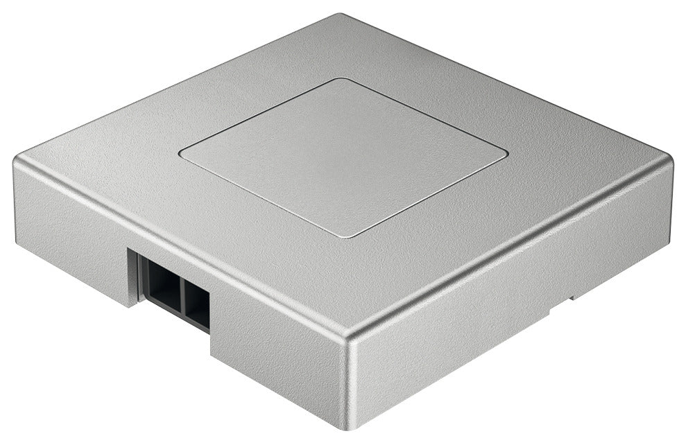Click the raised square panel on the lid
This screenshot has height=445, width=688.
(x=343, y=156)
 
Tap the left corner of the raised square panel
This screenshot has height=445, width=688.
(x=182, y=151)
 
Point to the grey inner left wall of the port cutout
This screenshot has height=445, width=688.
(x=135, y=274)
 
